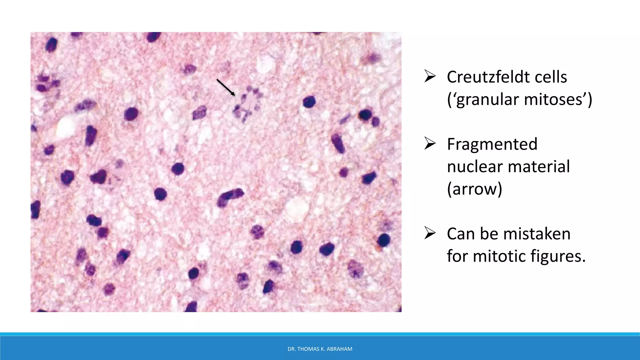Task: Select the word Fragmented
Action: pyautogui.click(x=492, y=144)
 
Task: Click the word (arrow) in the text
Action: pyautogui.click(x=474, y=189)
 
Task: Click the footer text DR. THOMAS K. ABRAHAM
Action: pyautogui.click(x=320, y=349)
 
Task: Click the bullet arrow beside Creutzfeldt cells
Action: pyautogui.click(x=430, y=76)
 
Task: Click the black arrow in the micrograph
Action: pyautogui.click(x=226, y=87)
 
